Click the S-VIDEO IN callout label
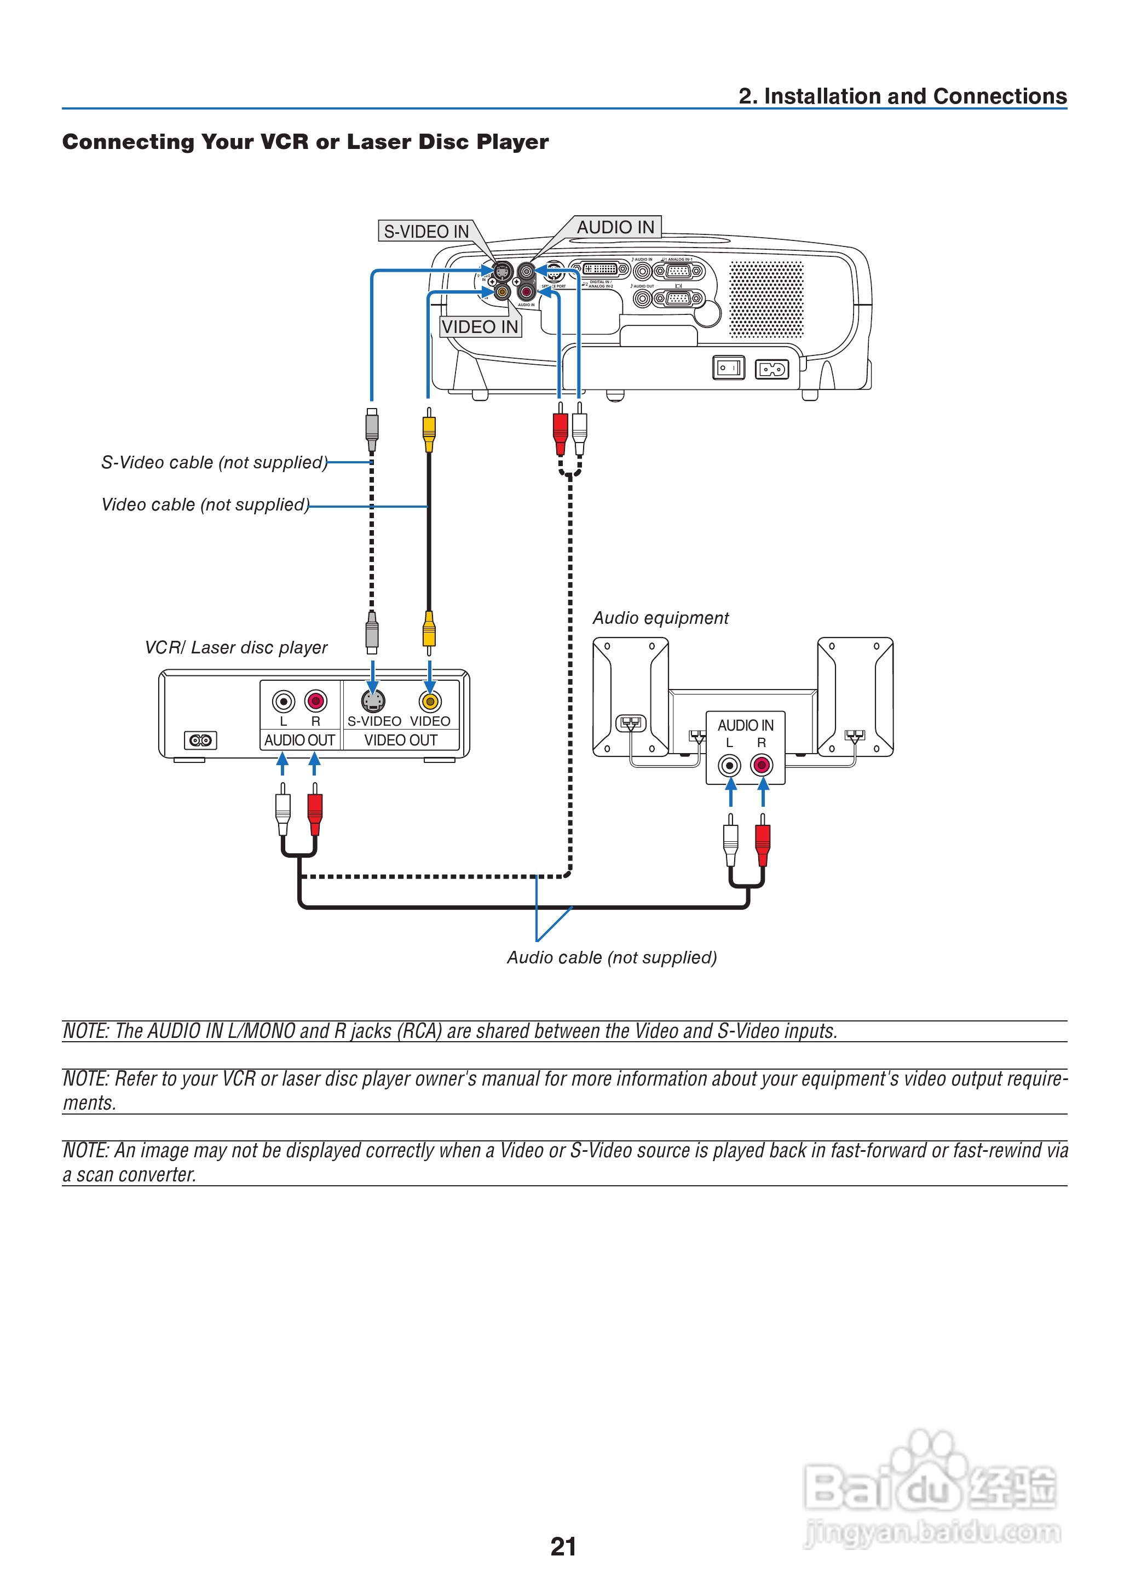point(426,232)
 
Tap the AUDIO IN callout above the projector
point(615,228)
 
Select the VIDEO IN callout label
point(480,327)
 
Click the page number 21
point(563,1547)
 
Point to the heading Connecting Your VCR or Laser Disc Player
point(305,142)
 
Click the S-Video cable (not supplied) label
point(214,463)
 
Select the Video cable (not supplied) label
point(205,504)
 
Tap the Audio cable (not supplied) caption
point(612,958)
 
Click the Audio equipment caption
point(660,618)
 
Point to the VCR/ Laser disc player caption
point(236,647)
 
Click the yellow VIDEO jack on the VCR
point(430,701)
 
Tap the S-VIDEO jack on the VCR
point(373,701)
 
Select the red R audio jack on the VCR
point(316,701)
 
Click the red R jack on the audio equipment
point(762,766)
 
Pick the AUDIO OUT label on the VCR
point(299,740)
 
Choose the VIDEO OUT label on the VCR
point(401,740)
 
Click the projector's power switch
point(729,368)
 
